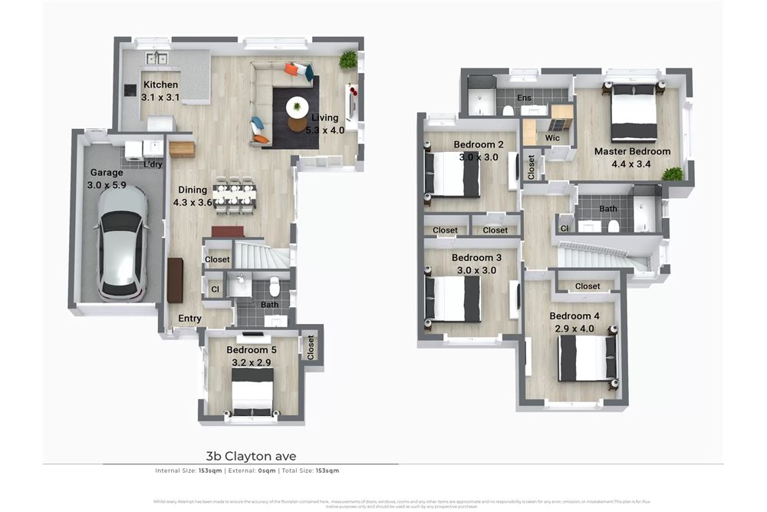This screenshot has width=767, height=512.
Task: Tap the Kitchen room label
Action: [x=160, y=85]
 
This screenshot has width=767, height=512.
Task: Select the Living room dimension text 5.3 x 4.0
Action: [x=325, y=130]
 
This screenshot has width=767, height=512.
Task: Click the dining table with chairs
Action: [x=235, y=195]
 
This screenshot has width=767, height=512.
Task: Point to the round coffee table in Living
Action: [x=297, y=107]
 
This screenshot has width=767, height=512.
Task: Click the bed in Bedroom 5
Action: [x=252, y=391]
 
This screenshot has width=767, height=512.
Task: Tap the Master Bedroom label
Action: [x=633, y=151]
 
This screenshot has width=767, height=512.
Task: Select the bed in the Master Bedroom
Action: [x=634, y=112]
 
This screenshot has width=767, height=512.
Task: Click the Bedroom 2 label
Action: [x=478, y=144]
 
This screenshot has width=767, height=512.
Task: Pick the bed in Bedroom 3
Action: [x=453, y=299]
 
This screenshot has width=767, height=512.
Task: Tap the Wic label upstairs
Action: [x=552, y=138]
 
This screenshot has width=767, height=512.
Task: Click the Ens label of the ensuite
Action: [x=524, y=98]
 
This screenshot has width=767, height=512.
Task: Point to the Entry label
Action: [x=189, y=319]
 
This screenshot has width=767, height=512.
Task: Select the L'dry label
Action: [x=153, y=164]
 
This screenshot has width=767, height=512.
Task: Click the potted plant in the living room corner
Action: [x=349, y=60]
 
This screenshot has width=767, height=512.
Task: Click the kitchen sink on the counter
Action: [x=157, y=58]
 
